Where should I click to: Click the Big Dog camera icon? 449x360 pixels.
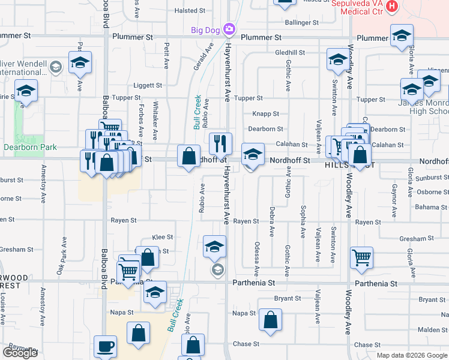(x=229, y=29)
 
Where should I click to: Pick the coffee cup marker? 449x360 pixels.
(x=106, y=346)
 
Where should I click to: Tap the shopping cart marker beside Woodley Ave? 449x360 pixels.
(x=362, y=258)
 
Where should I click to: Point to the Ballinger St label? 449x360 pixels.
(x=302, y=23)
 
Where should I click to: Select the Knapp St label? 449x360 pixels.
(x=267, y=113)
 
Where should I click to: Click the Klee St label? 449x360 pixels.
(x=163, y=238)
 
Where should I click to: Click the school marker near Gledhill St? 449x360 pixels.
(x=338, y=59)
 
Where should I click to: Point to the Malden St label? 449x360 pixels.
(x=432, y=330)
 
